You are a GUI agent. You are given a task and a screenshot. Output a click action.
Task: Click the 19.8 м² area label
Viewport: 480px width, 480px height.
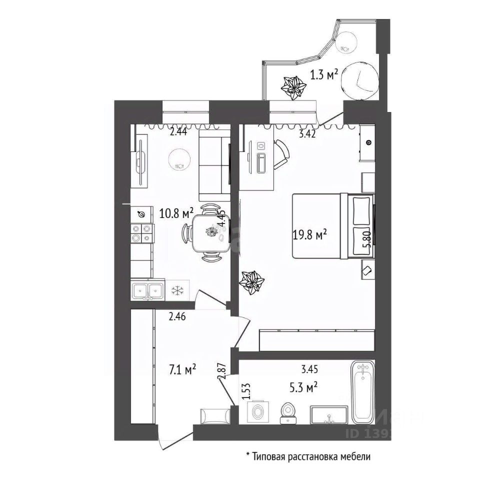[x=310, y=234]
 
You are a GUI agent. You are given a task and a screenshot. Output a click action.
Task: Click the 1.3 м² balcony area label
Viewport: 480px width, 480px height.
[x=324, y=75]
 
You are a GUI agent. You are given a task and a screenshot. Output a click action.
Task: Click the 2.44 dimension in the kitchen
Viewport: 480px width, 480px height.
[x=178, y=132]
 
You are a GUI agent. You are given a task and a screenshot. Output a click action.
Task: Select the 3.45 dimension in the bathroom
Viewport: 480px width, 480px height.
[x=309, y=370]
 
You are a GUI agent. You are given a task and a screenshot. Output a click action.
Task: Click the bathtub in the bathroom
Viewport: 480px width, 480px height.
[x=362, y=391]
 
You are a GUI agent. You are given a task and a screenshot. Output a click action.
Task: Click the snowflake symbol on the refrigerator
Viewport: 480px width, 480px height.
[x=177, y=290]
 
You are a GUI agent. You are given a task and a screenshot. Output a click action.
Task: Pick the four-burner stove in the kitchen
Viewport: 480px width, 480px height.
[x=142, y=232]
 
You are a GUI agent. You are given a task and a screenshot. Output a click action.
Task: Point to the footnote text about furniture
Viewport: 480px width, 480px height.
[x=309, y=456]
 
